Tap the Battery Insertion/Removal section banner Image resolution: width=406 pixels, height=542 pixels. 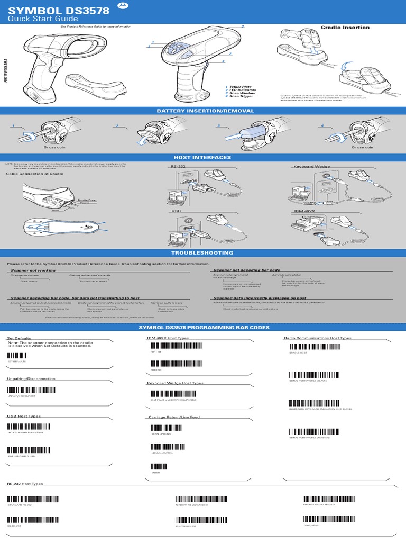pyautogui.click(x=204, y=111)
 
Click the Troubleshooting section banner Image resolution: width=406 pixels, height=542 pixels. pyautogui.click(x=203, y=253)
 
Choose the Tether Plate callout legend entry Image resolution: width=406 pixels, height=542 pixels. pyautogui.click(x=239, y=87)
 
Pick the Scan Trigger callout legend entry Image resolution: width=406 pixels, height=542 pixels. pyautogui.click(x=239, y=96)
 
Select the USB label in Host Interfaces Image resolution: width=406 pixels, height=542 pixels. pyautogui.click(x=175, y=211)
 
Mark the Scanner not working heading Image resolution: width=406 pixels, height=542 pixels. pyautogui.click(x=33, y=270)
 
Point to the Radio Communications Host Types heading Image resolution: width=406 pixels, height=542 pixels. pyautogui.click(x=317, y=338)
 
